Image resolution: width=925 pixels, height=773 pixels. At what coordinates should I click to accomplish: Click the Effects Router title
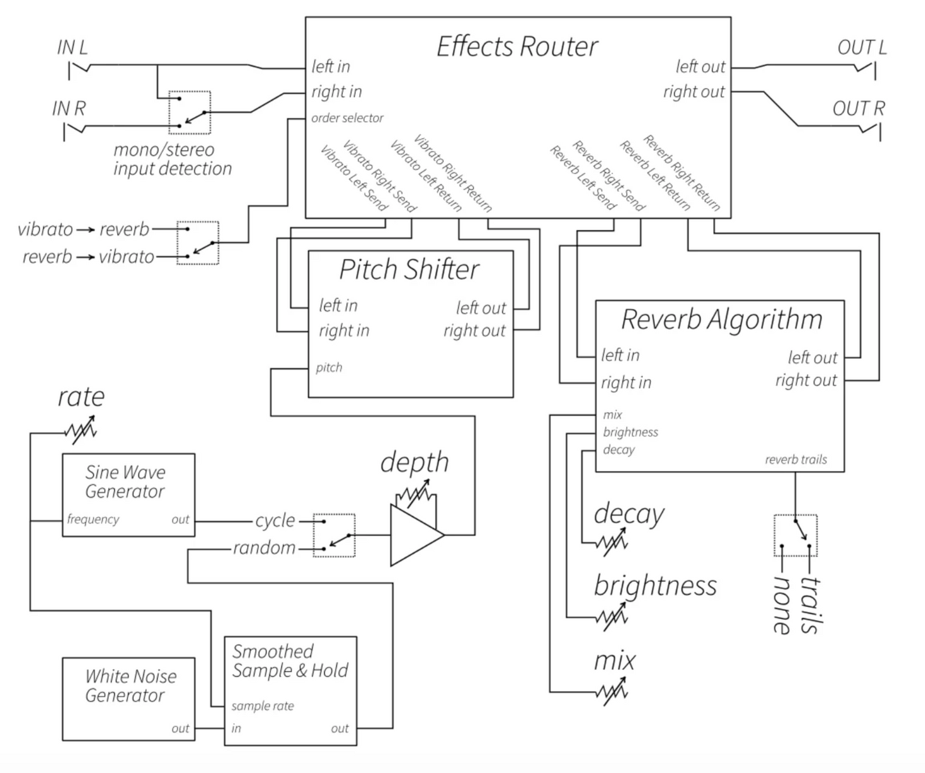[x=517, y=47]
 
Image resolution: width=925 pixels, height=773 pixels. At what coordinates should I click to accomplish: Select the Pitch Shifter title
[x=409, y=269]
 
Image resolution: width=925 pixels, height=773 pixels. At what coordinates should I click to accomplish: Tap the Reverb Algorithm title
[x=721, y=319]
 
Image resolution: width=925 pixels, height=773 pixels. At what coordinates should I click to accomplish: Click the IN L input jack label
[x=72, y=48]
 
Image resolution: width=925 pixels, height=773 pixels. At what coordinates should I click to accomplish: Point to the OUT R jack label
[x=858, y=109]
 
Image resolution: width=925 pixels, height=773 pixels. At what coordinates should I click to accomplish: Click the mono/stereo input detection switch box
[x=189, y=113]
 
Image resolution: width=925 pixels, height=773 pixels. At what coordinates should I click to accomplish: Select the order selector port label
[x=347, y=118]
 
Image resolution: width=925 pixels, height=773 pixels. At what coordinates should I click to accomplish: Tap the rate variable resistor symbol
[x=81, y=431]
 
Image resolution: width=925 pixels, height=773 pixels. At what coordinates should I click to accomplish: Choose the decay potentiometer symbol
[x=611, y=543]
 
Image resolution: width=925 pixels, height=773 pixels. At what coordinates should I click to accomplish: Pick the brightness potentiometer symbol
[x=611, y=616]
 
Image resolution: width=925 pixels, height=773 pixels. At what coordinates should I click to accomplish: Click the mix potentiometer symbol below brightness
[x=611, y=692]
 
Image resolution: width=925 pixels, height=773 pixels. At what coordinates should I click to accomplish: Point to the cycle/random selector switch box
[x=334, y=535]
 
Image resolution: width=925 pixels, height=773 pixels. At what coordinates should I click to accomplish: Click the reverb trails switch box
[x=795, y=535]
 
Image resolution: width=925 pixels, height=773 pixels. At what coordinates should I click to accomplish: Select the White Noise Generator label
[x=130, y=685]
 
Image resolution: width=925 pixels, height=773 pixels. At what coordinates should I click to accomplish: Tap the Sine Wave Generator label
[x=125, y=481]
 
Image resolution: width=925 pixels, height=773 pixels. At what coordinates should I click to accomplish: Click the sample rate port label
[x=262, y=706]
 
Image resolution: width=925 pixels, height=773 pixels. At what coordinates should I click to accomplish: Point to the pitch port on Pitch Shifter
[x=329, y=367]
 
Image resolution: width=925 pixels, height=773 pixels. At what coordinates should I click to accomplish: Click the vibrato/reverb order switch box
[x=198, y=243]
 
